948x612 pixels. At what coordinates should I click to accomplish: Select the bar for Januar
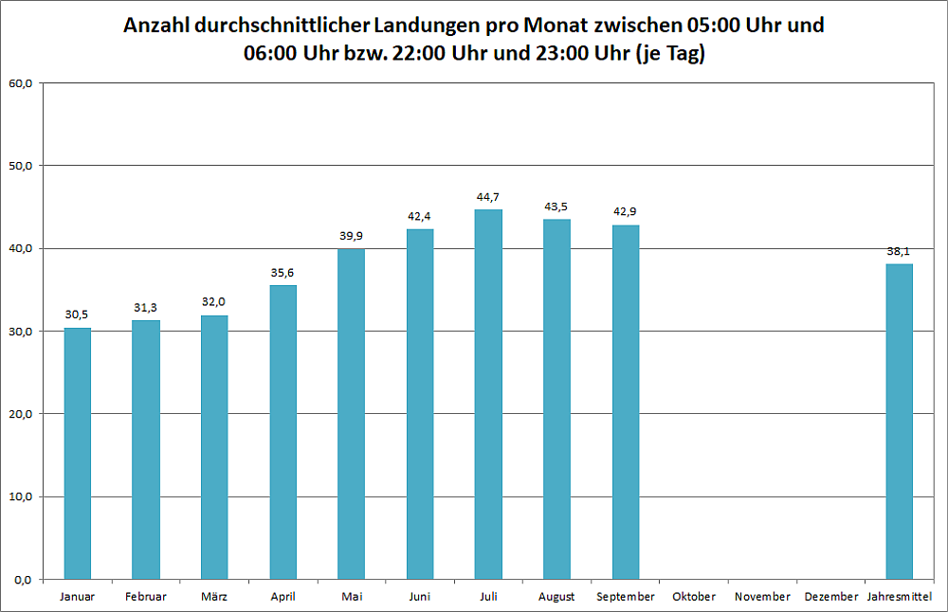[78, 453]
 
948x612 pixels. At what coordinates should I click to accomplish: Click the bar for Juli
[488, 394]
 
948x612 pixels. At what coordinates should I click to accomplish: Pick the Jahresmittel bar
[899, 422]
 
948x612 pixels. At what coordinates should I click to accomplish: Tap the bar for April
[283, 432]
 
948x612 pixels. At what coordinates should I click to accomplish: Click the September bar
[626, 402]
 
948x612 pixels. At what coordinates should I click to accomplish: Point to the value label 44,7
[488, 197]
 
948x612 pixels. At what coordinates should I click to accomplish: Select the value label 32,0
[214, 302]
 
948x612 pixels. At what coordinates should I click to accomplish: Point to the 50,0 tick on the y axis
[21, 166]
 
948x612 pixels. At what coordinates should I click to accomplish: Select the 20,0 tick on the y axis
[21, 414]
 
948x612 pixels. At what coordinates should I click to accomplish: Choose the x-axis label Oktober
[694, 597]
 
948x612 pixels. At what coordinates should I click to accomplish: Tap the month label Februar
[146, 597]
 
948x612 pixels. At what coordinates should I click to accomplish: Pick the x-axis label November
[762, 597]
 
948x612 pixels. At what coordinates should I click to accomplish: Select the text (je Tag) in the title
[670, 54]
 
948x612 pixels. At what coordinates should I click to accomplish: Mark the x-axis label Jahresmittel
[900, 597]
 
